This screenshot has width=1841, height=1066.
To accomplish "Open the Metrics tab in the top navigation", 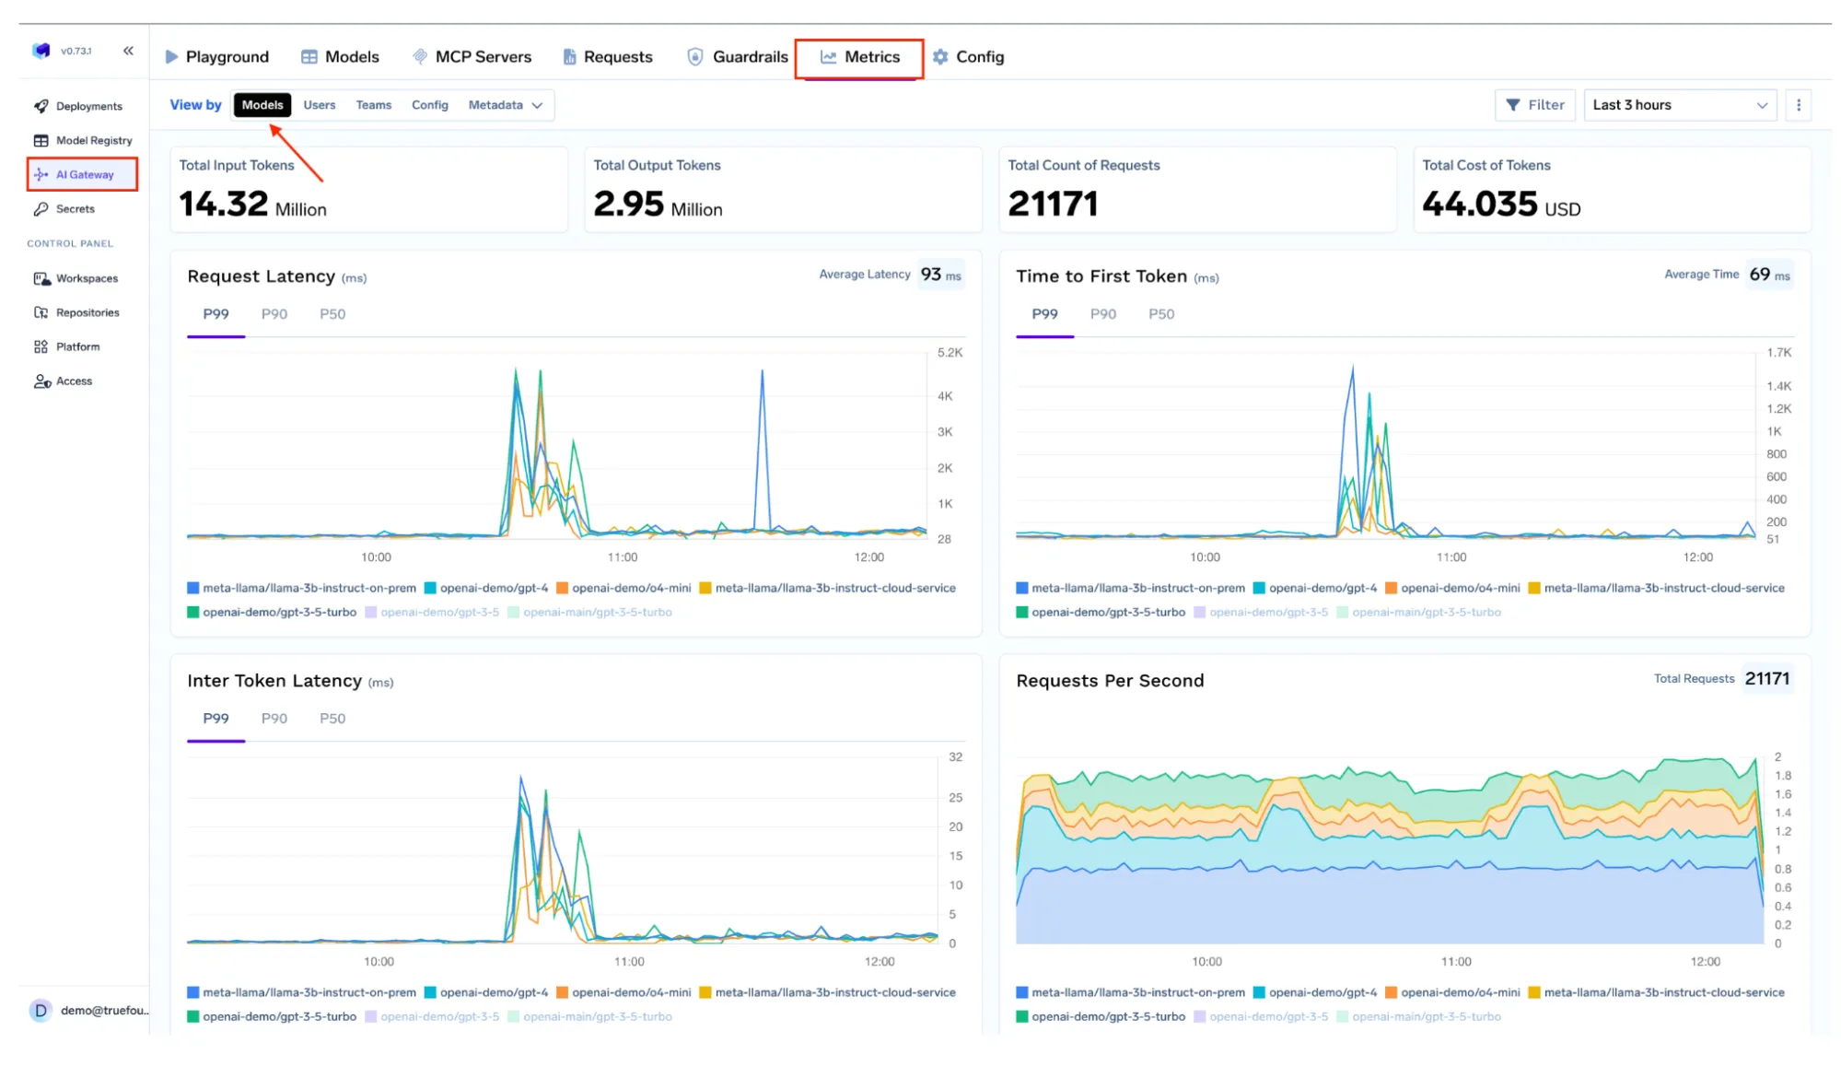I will click(x=859, y=57).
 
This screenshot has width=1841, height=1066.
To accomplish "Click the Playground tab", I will click(x=217, y=57).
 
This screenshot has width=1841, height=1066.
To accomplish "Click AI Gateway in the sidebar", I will click(x=83, y=174).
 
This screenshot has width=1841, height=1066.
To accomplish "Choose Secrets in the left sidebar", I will click(x=75, y=209).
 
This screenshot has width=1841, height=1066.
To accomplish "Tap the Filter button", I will click(x=1534, y=105).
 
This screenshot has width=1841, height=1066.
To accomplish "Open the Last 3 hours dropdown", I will click(x=1680, y=105).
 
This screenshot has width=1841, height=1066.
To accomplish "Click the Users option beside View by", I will click(x=320, y=105).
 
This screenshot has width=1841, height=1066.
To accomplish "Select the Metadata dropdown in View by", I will click(x=505, y=105).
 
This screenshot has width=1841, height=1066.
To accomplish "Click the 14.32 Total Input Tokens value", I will click(x=223, y=204).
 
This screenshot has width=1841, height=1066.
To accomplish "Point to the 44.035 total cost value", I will click(x=1479, y=204).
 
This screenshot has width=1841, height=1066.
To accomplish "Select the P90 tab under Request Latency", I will click(x=274, y=314).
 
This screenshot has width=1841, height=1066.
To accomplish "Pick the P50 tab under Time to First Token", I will click(x=1160, y=314).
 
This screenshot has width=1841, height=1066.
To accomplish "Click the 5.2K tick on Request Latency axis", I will click(x=950, y=353).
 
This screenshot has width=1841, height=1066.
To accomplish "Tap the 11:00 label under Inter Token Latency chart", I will click(x=629, y=961).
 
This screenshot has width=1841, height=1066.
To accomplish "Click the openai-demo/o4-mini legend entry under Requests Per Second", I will click(x=1459, y=992).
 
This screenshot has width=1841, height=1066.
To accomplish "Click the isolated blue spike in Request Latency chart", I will click(x=762, y=373).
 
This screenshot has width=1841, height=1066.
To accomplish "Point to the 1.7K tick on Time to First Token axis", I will click(x=1778, y=353).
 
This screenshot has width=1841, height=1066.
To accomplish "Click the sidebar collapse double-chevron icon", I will click(x=128, y=51).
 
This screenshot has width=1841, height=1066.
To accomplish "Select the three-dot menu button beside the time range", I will click(x=1798, y=105).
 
